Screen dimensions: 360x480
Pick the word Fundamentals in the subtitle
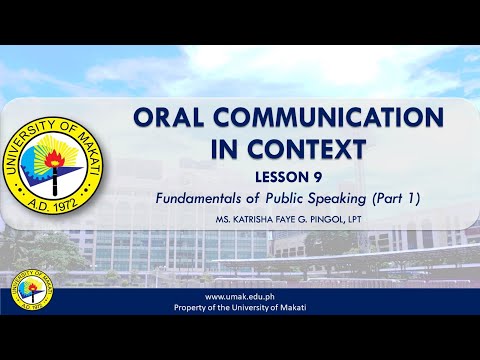coord(199,198)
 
